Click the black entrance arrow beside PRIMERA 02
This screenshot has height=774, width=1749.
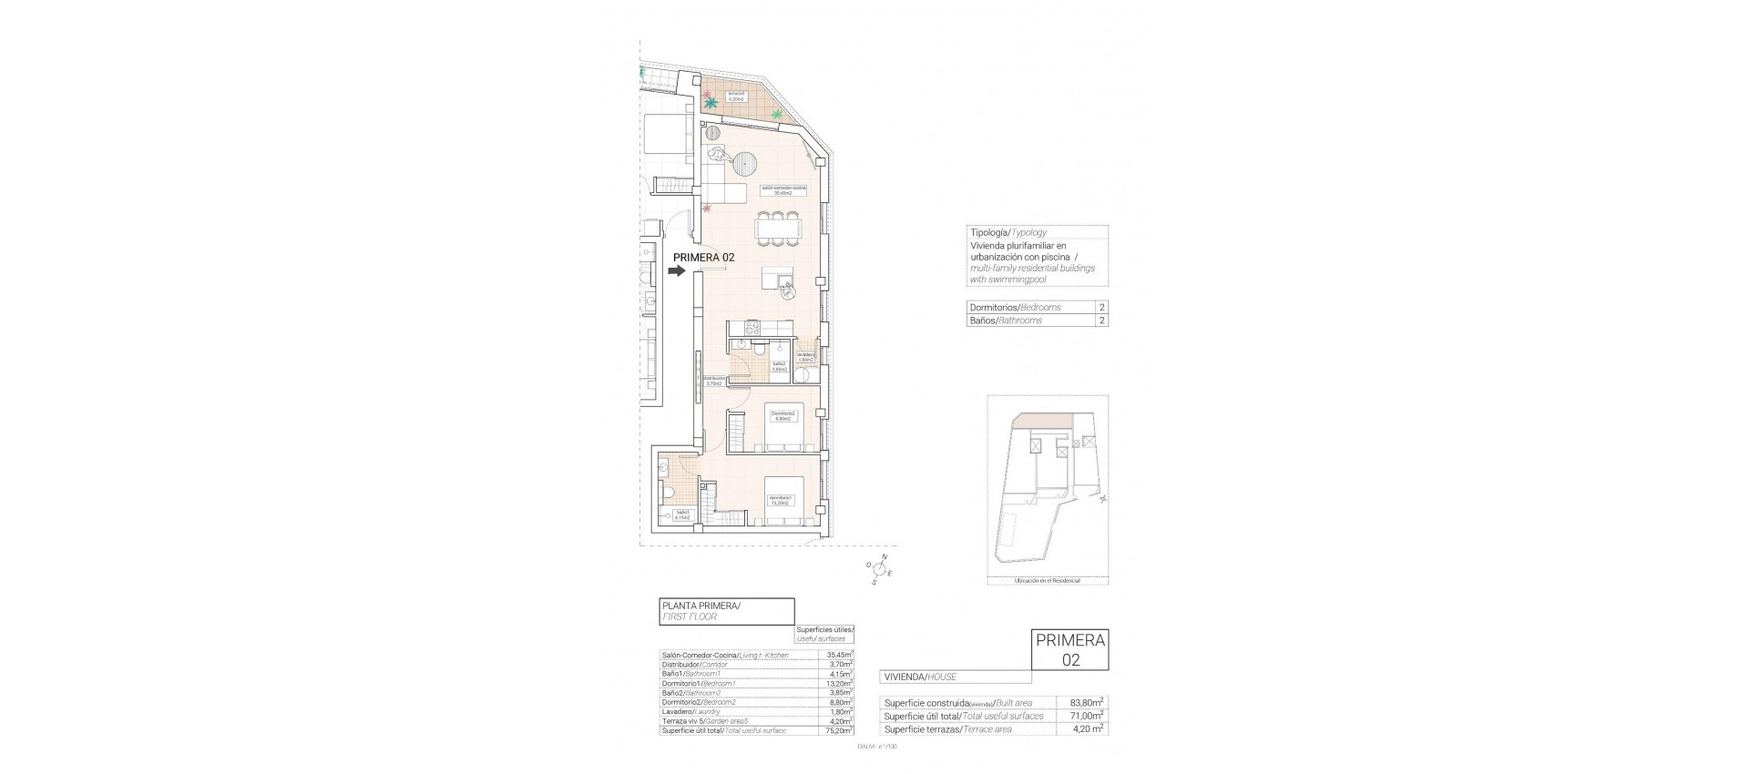[x=678, y=270]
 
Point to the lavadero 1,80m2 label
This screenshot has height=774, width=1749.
[x=805, y=357]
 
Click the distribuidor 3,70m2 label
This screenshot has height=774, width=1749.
[x=714, y=381]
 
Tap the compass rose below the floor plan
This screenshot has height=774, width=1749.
[x=879, y=570]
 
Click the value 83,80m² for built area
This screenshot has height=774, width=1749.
[x=1086, y=702]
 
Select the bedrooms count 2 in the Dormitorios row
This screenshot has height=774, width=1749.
[x=1102, y=308]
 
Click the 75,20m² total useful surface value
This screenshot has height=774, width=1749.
[x=838, y=730]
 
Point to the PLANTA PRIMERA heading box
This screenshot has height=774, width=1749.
[x=726, y=610]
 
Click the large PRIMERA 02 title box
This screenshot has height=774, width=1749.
[x=1070, y=650]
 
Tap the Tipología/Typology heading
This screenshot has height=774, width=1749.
[x=1008, y=232]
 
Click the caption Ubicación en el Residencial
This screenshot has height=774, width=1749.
[x=1046, y=580]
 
